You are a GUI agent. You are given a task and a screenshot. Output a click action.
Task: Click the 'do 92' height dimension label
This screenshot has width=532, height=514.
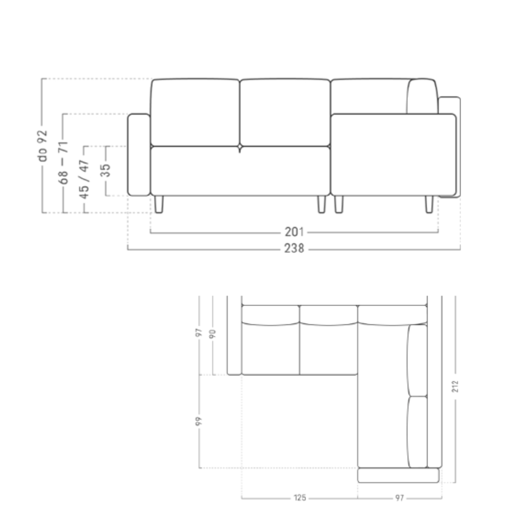click(42, 146)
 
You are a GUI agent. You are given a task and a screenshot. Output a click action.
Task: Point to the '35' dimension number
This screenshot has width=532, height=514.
click(105, 170)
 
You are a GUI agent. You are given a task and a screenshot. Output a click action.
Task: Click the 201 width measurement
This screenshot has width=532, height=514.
click(294, 233)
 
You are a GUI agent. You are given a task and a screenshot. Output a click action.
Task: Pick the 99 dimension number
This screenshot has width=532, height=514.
click(199, 420)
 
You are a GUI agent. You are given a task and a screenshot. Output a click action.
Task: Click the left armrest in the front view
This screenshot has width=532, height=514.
click(138, 154)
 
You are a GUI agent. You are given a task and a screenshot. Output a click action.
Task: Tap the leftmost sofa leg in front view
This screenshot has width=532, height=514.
click(159, 204)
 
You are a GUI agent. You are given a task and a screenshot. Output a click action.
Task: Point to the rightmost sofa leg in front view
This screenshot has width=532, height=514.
click(429, 204)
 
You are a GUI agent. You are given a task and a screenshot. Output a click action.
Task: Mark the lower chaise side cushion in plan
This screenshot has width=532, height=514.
click(418, 432)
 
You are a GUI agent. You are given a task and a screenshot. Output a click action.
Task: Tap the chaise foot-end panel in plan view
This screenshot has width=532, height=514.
click(398, 475)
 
